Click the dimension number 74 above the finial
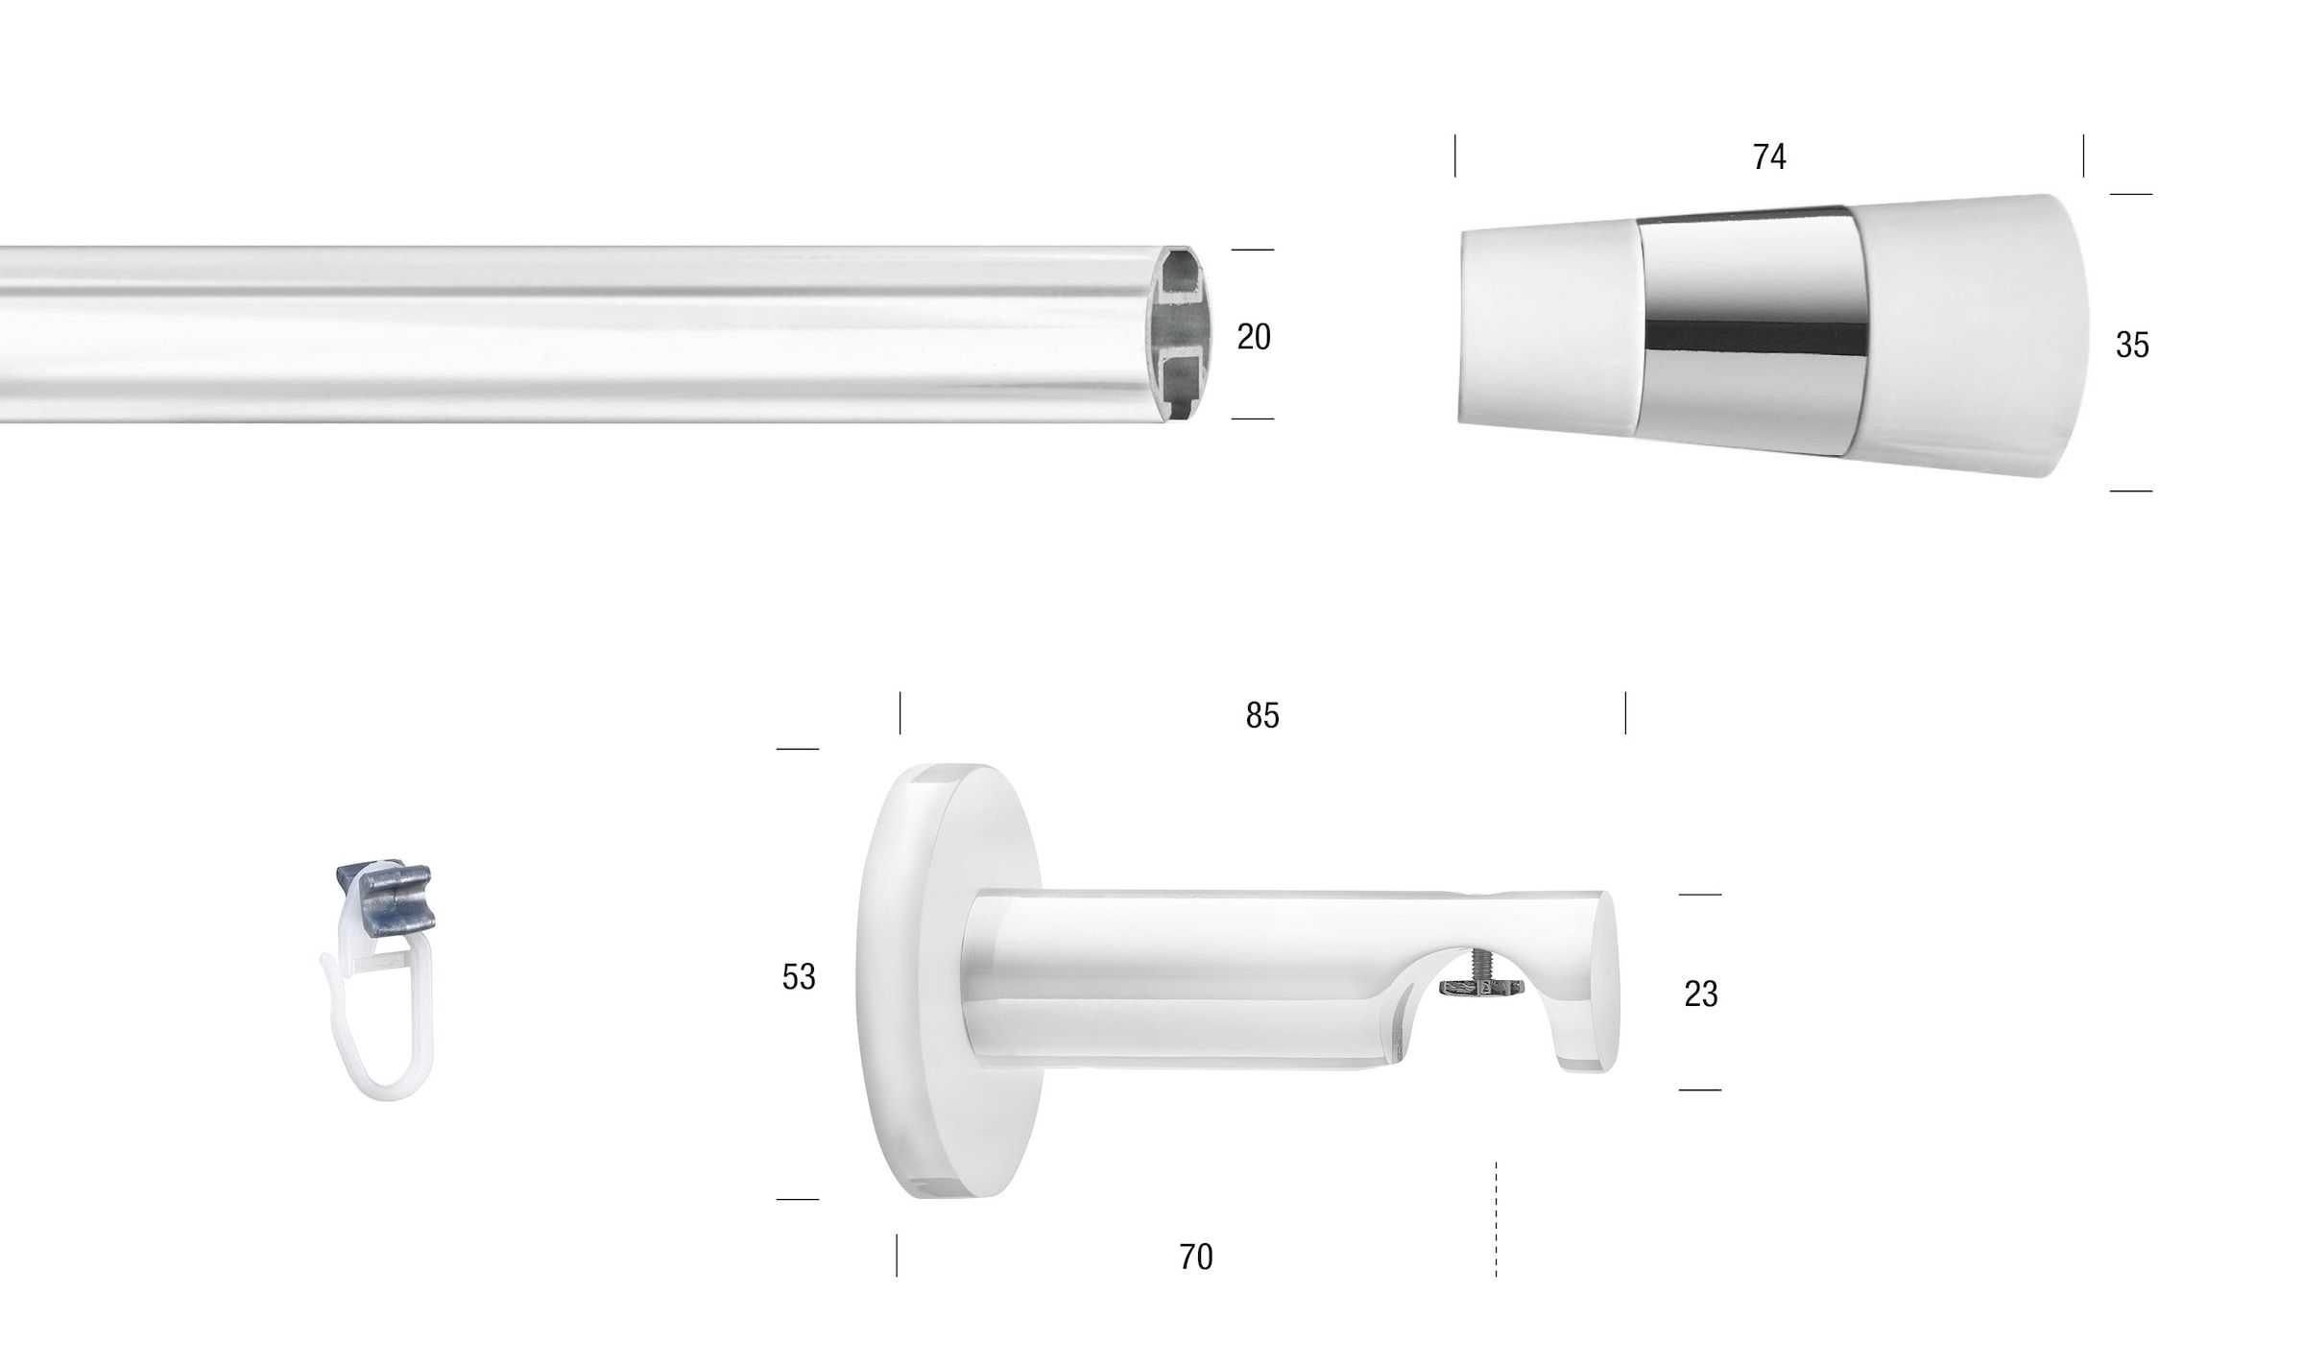[x=1769, y=156]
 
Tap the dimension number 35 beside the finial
[x=2132, y=346]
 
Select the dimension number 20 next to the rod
[x=1254, y=337]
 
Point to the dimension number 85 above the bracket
[x=1262, y=715]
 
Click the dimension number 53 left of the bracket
[x=799, y=977]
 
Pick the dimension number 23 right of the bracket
[x=1701, y=994]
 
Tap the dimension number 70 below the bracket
[x=1196, y=1257]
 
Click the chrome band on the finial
[x=1753, y=331]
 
